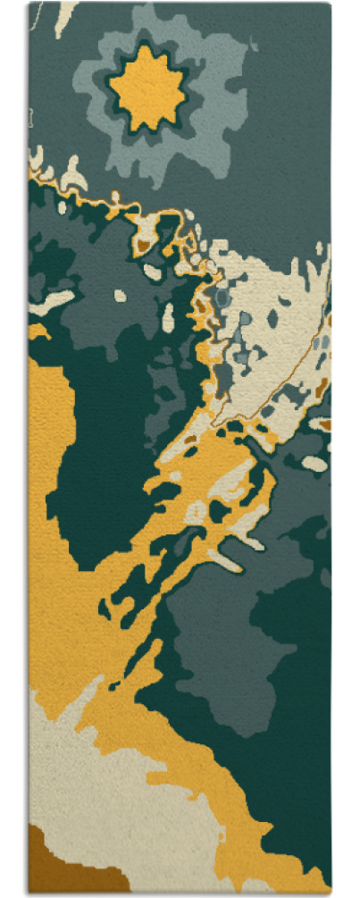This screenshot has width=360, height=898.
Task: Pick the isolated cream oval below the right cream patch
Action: (314, 463)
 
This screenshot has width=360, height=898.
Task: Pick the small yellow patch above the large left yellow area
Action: (38, 332)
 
